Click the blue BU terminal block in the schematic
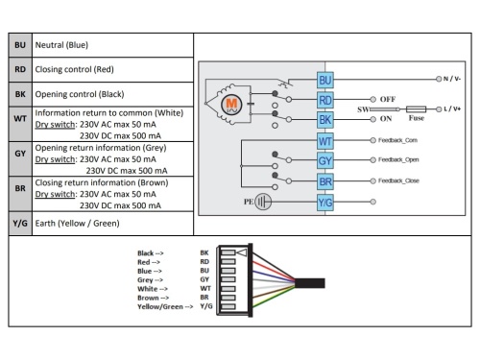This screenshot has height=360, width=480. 325,80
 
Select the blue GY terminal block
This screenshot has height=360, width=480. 325,160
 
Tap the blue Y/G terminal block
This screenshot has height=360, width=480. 325,203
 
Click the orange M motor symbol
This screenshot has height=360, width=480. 231,105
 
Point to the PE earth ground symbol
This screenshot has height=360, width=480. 263,202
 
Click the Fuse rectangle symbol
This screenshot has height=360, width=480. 416,109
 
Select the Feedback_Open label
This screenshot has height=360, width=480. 398,159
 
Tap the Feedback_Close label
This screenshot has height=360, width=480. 398,180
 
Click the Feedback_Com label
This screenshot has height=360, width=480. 397,140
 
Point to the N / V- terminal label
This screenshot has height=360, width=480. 452,79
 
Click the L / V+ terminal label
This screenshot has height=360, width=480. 452,109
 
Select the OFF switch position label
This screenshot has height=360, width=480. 388,99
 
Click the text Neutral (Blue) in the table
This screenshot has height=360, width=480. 61,45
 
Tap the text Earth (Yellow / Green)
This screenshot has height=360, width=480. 77,224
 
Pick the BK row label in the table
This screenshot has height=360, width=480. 20,94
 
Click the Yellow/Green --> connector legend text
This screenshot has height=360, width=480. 165,307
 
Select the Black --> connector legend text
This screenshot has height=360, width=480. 151,253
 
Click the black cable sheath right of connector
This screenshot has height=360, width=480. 310,283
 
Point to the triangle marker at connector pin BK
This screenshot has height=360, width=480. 242,252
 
